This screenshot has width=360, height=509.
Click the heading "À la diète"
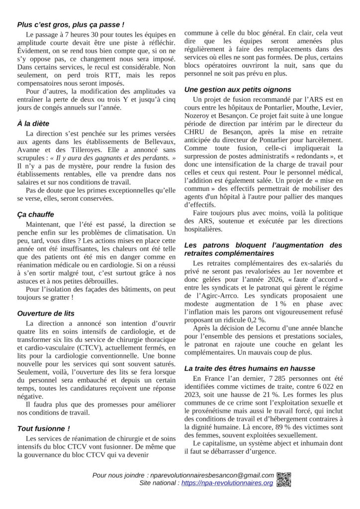pyautogui.click(x=33, y=123)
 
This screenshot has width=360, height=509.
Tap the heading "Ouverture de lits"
pyautogui.click(x=46, y=313)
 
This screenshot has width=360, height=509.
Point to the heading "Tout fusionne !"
pyautogui.click(x=43, y=428)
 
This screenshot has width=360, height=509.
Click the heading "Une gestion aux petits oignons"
pyautogui.click(x=238, y=89)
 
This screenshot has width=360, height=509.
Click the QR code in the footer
pyautogui.click(x=284, y=478)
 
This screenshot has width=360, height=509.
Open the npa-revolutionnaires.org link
pyautogui.click(x=227, y=483)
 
